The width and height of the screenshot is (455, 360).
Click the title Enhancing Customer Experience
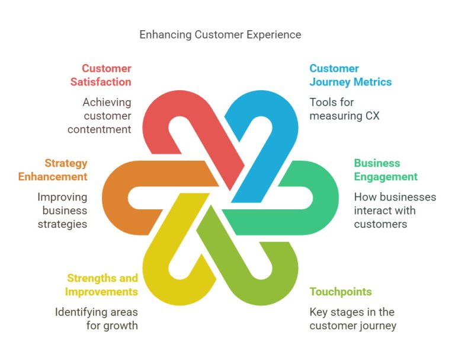[220, 34]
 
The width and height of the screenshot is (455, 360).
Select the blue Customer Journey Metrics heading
[350, 75]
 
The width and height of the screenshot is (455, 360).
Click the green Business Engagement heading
[386, 170]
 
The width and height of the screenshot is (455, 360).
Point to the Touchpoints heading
[341, 292]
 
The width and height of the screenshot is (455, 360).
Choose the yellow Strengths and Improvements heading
[101, 285]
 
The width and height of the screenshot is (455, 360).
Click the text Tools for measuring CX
[344, 109]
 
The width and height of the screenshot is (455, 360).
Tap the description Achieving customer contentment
[106, 116]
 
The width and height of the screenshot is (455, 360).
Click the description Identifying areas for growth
[96, 318]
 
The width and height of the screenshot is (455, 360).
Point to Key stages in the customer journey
[352, 318]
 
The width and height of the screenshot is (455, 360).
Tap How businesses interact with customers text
[395, 211]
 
